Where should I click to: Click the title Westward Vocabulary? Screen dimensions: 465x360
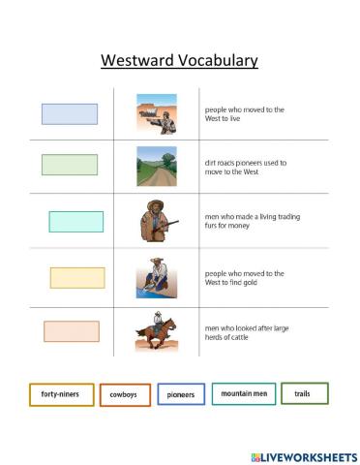180,62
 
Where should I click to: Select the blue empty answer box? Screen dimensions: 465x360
70,114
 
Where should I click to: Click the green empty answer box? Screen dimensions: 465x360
70,165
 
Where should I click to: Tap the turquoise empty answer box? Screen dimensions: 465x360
76,222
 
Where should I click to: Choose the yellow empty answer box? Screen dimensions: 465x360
77,278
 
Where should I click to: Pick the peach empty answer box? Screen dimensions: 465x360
72,331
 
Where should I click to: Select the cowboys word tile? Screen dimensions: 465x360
123,396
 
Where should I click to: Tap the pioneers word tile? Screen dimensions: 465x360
181,395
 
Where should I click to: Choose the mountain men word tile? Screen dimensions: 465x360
243,394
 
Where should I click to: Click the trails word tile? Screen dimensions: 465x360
304,393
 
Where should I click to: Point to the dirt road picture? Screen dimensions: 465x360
156,166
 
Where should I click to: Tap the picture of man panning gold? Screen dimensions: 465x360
156,277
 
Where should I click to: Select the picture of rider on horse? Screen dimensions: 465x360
156,331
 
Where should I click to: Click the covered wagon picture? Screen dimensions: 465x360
156,113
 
